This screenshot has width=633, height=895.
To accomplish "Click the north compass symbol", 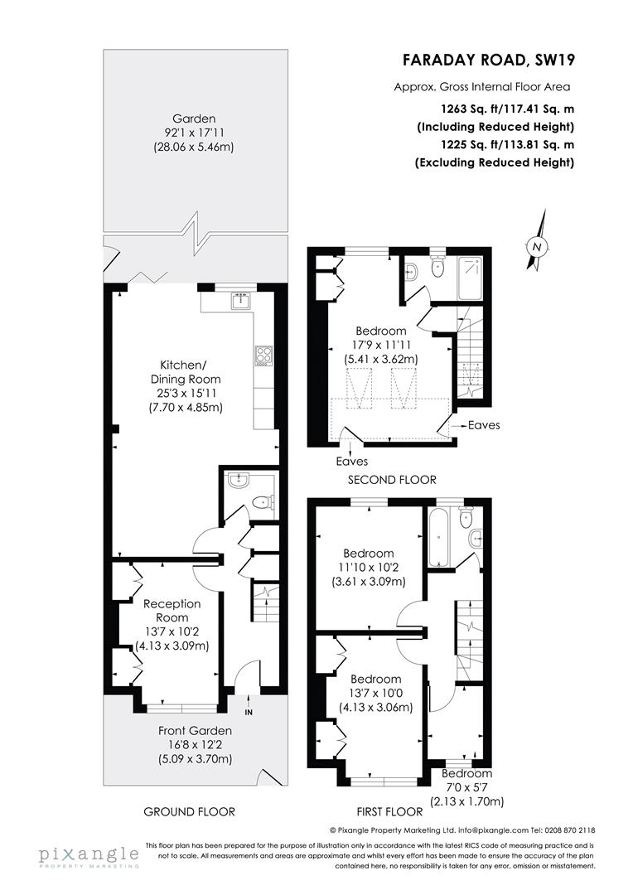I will point(537,245).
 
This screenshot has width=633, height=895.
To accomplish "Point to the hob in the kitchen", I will point(264,356).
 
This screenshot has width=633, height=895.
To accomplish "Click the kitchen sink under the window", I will point(239,300).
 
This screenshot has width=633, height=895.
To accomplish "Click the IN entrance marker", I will point(249,711).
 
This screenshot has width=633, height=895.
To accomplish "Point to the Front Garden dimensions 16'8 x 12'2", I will point(196,744).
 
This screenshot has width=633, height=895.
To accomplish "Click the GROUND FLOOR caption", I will point(189,811).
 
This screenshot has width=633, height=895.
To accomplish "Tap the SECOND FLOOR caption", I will point(392,480).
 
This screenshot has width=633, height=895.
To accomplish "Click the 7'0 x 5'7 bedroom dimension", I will point(466,787).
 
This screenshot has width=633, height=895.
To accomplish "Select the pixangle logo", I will point(87,854).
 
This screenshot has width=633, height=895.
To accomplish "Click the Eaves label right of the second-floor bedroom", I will point(484,425).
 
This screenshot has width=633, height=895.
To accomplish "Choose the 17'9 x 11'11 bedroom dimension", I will point(381,345).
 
